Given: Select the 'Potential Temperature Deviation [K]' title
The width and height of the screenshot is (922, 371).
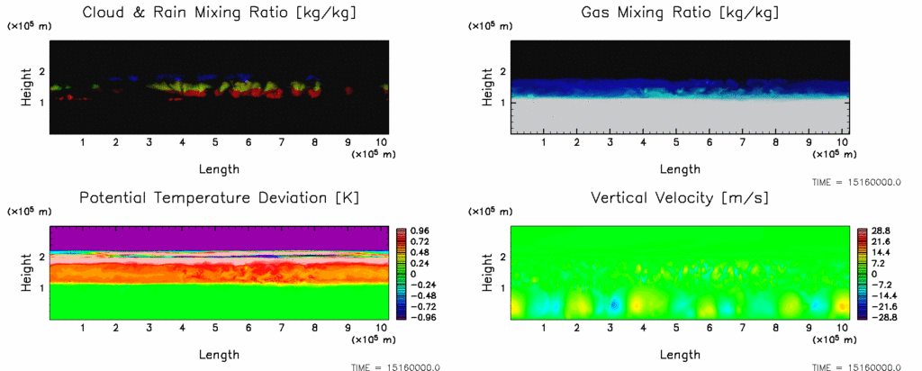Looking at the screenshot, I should pos(219,197).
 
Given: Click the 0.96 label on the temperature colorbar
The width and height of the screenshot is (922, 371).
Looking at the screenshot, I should pos(420,231).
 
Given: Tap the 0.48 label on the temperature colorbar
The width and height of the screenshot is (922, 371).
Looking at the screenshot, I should pos(420,252).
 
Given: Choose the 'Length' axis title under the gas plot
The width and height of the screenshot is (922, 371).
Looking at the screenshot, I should pos(680,168).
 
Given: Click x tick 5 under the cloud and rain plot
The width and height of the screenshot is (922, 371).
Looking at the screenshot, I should pos(215,142).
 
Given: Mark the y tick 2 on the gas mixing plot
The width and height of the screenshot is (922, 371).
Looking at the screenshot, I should pos(502,72).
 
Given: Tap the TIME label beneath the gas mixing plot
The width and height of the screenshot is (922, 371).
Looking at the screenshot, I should pos(859,182).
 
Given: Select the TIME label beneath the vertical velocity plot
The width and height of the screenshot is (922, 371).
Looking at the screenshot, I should pos(859,366).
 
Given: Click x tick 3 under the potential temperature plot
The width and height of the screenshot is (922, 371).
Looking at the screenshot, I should pos(149,328).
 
